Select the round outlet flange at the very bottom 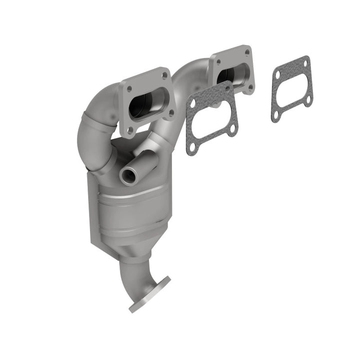point(149,295)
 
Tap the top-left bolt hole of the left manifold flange point(128,88)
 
